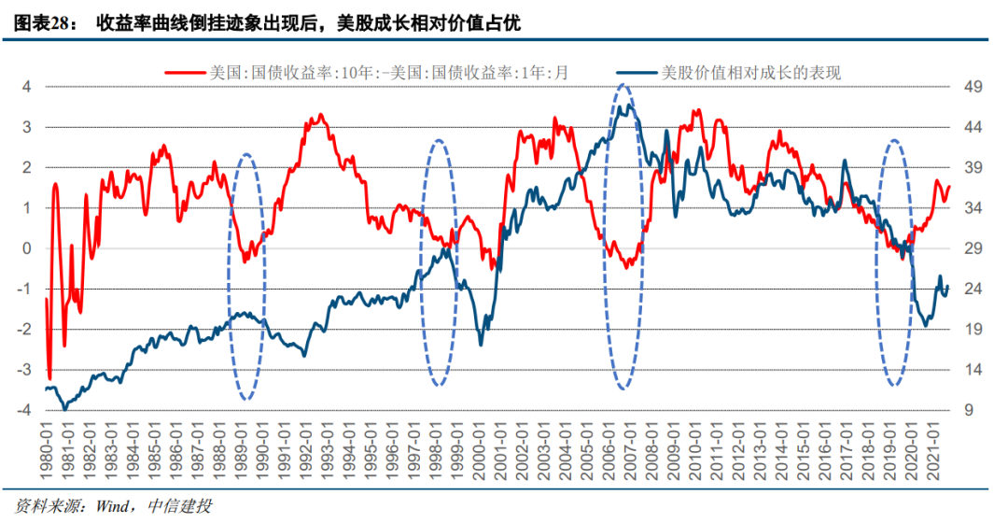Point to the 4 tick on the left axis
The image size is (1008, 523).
(x=27, y=87)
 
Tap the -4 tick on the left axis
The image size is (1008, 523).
(x=25, y=411)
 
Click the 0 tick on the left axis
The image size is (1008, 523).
(x=27, y=248)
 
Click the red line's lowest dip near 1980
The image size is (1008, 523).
(x=49, y=378)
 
